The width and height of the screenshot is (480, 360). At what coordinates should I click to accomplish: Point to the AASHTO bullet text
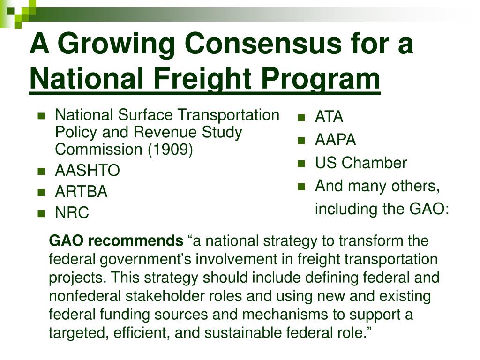pos(87,171)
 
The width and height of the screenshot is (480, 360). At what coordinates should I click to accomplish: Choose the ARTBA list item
pos(81,192)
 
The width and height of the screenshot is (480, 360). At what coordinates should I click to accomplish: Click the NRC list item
pos(72,213)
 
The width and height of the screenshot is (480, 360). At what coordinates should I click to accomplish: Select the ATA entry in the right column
pos(329,117)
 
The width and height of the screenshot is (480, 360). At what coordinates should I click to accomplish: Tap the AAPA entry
pos(335,140)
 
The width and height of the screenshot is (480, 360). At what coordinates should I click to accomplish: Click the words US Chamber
pos(361,163)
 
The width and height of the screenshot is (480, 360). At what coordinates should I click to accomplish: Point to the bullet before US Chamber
pos(301,163)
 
